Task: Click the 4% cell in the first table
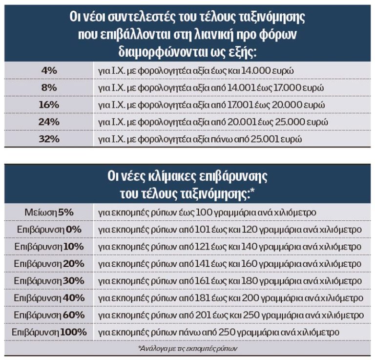48,70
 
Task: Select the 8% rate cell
48,87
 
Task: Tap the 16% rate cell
48,105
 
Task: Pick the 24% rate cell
48,122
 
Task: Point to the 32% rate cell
48,139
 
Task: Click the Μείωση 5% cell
48,212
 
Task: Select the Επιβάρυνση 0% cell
48,230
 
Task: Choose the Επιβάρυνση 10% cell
48,247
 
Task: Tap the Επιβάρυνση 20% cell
48,264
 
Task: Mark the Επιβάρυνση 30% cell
48,281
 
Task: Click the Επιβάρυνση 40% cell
48,298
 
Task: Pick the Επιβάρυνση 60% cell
48,315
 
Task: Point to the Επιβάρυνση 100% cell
48,332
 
